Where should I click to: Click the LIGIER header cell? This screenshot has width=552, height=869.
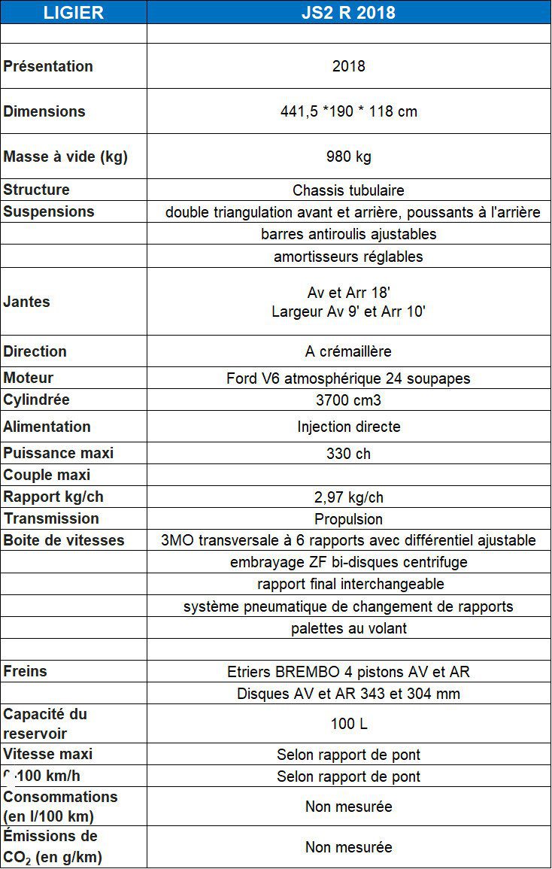[73, 12]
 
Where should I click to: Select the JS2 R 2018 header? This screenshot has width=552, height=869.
[348, 12]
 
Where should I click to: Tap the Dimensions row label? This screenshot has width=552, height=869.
[44, 111]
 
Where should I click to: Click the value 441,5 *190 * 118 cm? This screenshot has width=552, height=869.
[348, 111]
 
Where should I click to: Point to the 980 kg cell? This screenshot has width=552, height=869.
[348, 156]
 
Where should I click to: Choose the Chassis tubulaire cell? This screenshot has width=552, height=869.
[348, 190]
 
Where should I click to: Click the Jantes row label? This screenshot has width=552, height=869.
[26, 302]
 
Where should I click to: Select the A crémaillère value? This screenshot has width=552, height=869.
[348, 351]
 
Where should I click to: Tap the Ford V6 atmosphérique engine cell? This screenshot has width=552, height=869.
[348, 378]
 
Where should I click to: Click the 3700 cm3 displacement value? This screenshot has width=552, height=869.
[348, 400]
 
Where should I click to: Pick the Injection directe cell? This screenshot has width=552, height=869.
[348, 427]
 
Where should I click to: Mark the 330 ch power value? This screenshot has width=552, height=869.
[348, 454]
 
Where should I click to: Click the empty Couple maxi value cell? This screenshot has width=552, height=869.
[348, 476]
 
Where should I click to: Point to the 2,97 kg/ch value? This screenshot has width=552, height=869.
[348, 497]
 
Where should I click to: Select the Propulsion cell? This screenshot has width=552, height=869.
[348, 519]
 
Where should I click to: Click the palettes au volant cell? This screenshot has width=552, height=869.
[348, 628]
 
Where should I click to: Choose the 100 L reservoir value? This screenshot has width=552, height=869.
[348, 725]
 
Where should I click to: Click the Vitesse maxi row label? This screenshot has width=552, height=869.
[48, 754]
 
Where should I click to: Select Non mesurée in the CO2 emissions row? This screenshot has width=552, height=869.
[348, 847]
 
